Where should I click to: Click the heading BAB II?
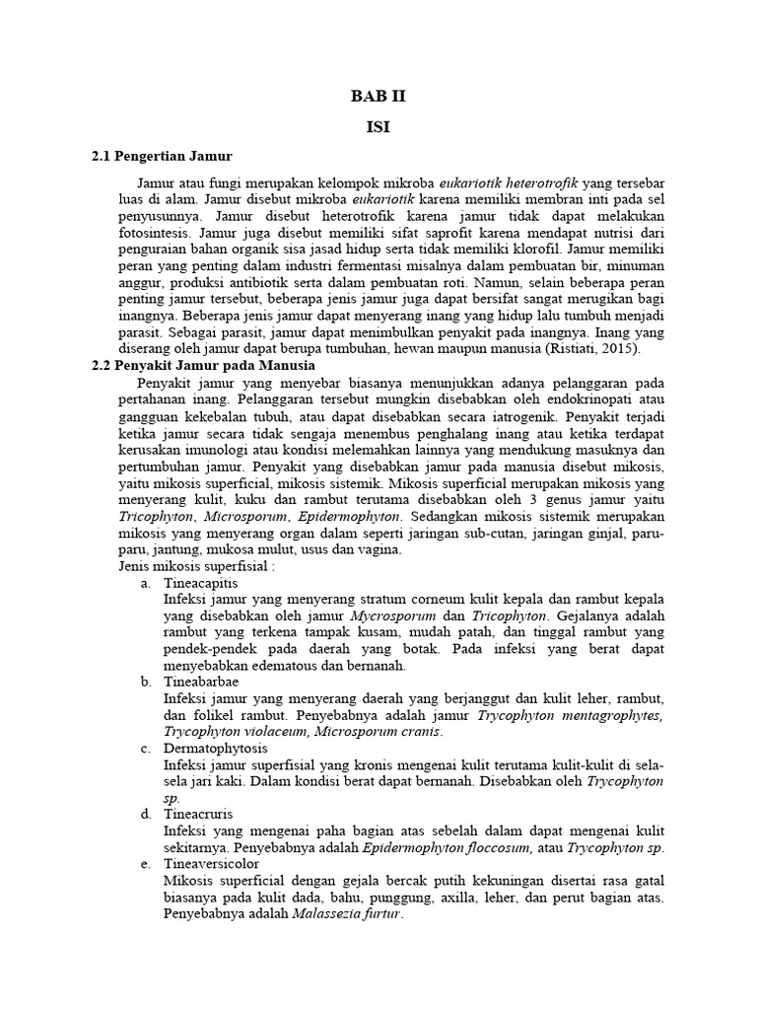click(378, 96)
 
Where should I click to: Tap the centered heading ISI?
click(378, 127)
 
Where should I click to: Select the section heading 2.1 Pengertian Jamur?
click(162, 156)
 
